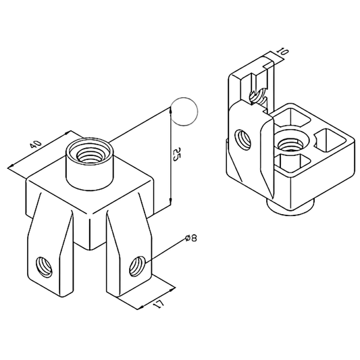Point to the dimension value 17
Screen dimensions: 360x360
[x=158, y=304]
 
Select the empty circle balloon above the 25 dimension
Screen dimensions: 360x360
[x=184, y=111]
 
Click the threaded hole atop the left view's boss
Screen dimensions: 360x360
[x=89, y=150]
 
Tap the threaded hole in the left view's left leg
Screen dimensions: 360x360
[x=44, y=265]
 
